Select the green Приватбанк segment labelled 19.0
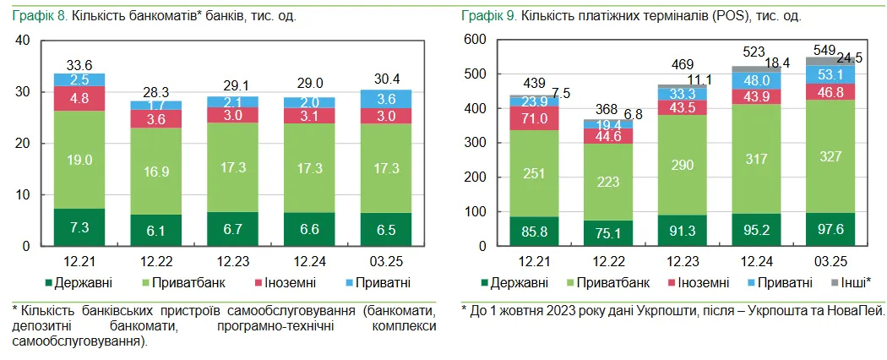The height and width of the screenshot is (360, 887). point(79,159)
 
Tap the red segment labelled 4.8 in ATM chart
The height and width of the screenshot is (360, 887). point(79,98)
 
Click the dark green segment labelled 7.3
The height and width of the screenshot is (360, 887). point(79,227)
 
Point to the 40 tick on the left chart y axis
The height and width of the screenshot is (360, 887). point(23,40)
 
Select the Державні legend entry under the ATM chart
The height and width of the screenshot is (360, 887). point(84,283)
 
